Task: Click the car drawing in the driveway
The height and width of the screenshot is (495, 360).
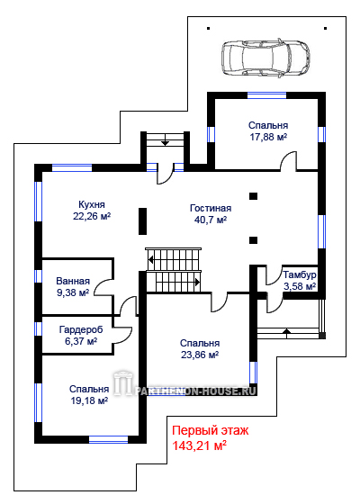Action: pos(265,58)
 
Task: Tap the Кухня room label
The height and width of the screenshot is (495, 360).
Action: pos(92,204)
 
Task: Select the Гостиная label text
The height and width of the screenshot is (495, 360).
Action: pos(211,208)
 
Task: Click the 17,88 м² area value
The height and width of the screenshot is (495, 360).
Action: pos(268,138)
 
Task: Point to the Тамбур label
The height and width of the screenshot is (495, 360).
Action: pos(300,274)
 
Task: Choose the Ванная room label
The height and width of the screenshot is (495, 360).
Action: pos(73,281)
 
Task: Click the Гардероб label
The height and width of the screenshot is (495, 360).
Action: pos(81,330)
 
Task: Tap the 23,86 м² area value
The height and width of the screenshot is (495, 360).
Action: pos(200,355)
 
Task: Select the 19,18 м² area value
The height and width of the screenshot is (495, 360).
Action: pos(89,400)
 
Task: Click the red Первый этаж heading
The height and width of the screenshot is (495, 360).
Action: pos(211,430)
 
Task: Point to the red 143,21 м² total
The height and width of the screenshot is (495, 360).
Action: pos(199,445)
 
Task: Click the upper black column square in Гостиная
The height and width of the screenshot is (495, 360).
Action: pos(253,196)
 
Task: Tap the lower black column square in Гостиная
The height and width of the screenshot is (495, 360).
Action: pos(253,240)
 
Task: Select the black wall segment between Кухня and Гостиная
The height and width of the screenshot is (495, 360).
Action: pos(143,221)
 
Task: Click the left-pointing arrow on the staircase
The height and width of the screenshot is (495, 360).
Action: pos(151,260)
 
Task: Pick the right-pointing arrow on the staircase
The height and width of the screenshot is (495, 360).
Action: pos(197,282)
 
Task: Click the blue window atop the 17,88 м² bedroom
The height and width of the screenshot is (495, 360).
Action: pos(266,95)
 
